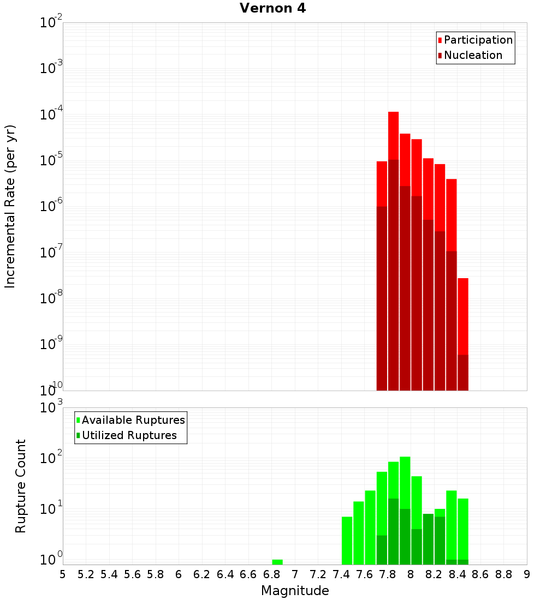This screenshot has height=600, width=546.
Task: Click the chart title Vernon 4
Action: click(x=273, y=8)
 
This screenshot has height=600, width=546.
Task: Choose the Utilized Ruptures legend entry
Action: click(x=129, y=435)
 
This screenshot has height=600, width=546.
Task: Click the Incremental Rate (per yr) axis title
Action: click(x=10, y=206)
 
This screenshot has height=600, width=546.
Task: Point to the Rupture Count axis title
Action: click(x=21, y=485)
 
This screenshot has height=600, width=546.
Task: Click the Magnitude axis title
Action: click(x=295, y=591)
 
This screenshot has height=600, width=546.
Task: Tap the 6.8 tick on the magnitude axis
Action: click(x=271, y=574)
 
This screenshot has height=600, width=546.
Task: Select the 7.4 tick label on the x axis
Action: click(x=341, y=574)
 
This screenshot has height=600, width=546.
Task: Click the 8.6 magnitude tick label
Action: click(x=480, y=574)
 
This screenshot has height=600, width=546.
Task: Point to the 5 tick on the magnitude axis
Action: click(x=63, y=574)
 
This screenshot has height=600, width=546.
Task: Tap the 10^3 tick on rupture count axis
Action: click(x=52, y=407)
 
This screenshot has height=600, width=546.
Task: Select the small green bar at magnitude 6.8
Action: click(x=277, y=562)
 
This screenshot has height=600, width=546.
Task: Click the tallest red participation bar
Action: click(x=393, y=136)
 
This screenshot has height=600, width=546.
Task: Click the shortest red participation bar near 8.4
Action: click(x=463, y=316)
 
